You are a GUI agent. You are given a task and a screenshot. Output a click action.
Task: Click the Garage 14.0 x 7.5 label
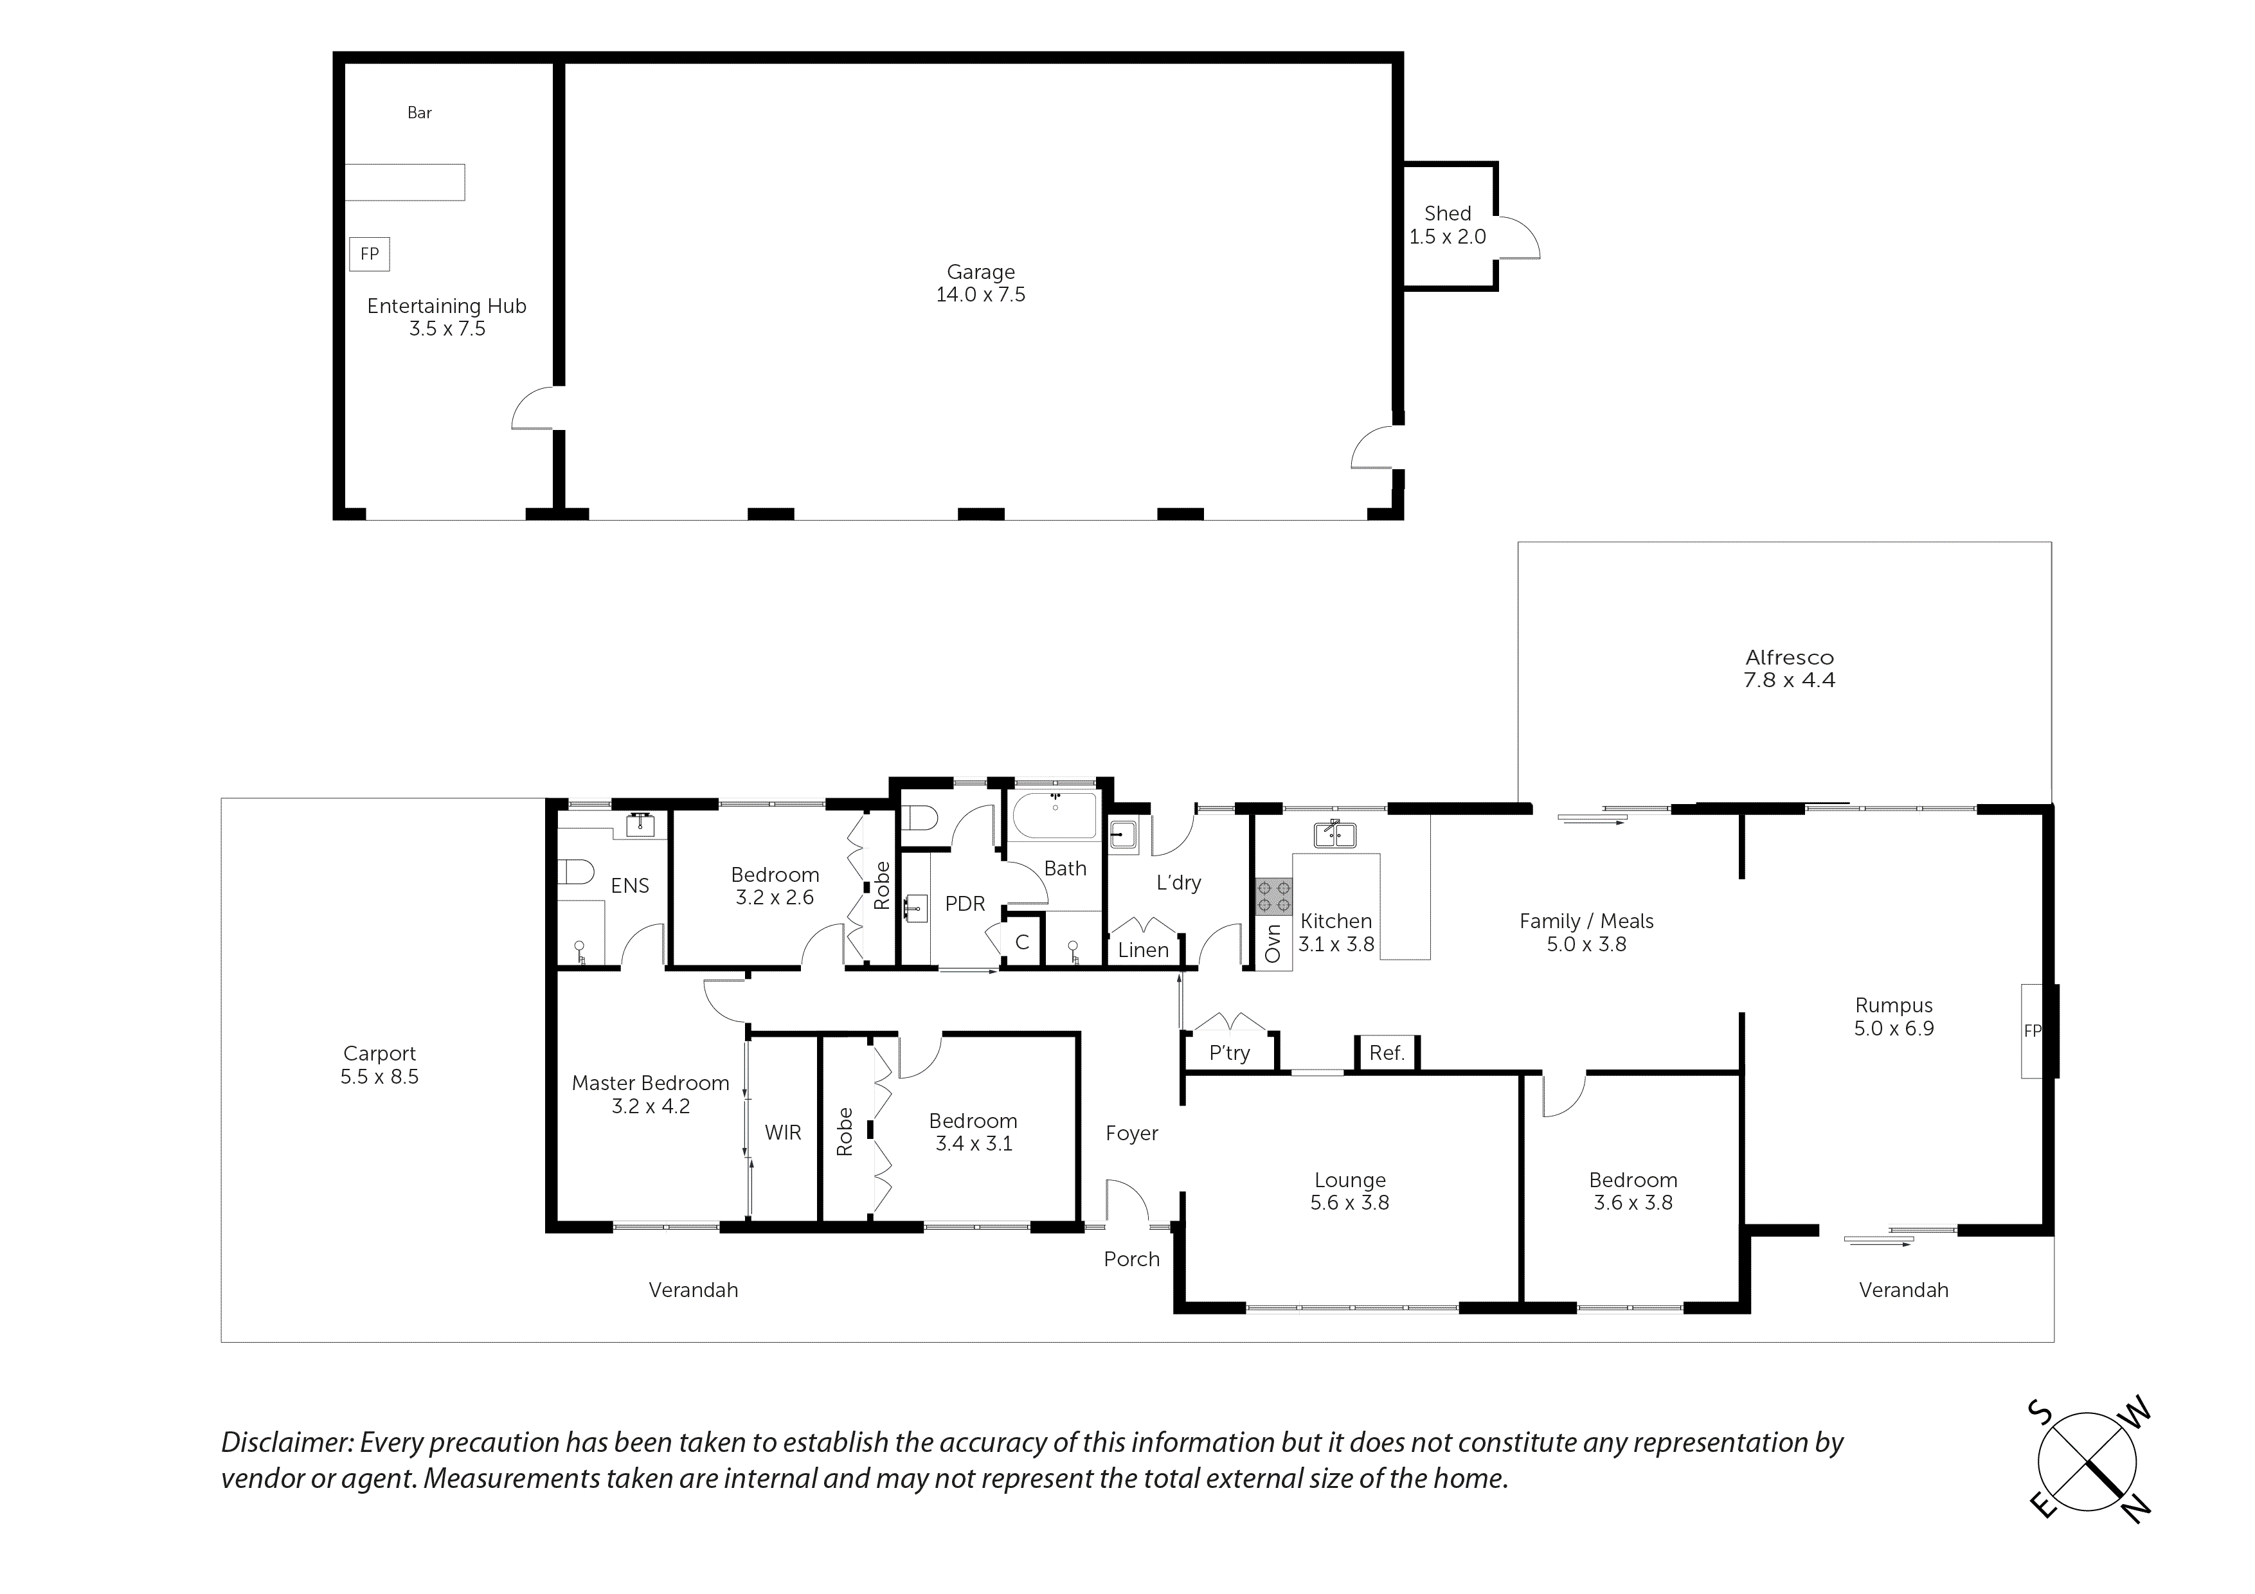click(x=980, y=283)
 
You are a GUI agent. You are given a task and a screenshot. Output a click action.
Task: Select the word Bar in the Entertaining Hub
click(x=419, y=113)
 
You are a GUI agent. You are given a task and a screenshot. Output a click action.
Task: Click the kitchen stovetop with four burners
click(x=1274, y=897)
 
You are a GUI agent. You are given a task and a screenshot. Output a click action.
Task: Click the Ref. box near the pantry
click(x=1386, y=1053)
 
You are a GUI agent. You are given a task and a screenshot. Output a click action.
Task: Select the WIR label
click(x=783, y=1133)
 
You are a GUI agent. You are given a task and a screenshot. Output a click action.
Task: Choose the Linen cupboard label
click(x=1143, y=950)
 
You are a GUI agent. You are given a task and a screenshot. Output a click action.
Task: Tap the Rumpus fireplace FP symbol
click(x=2032, y=1030)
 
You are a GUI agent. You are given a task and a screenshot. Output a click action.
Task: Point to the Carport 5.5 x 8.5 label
click(x=379, y=1064)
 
